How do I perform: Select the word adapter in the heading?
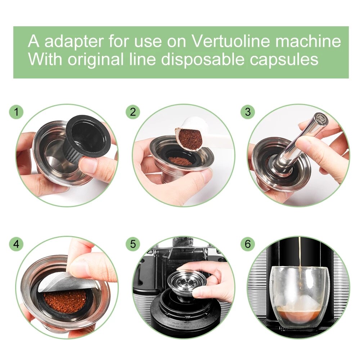(74, 41)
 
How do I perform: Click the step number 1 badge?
(16, 112)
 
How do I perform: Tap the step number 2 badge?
(133, 112)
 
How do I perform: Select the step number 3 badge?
(247, 112)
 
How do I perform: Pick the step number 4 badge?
(16, 244)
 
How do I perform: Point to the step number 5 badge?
(133, 244)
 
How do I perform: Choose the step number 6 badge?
(247, 244)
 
